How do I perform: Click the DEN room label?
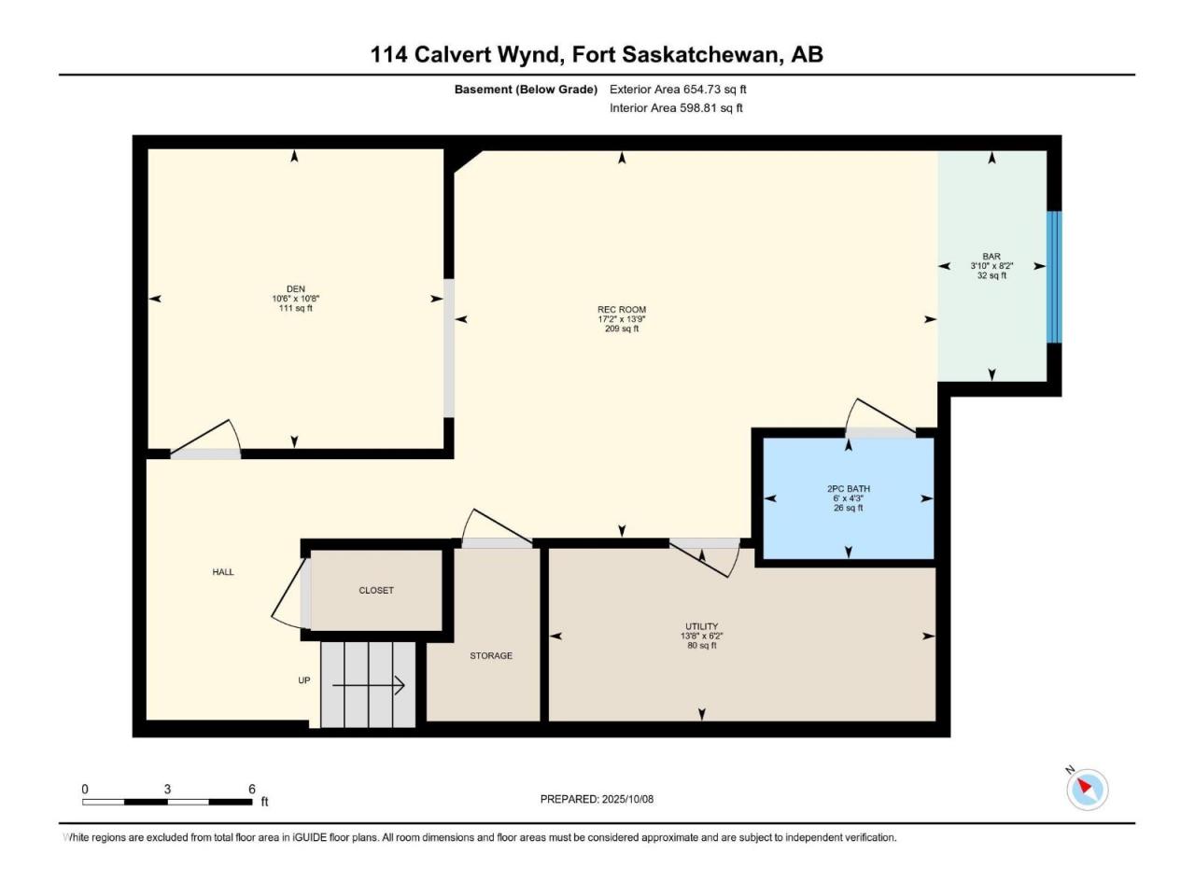296,289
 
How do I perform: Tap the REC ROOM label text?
622,310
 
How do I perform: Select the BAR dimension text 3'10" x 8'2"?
991,266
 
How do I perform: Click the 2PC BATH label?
849,488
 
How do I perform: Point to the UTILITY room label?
702,626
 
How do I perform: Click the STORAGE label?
491,655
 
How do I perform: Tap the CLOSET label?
376,590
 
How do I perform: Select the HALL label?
223,572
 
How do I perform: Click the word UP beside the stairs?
304,680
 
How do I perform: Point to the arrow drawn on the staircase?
369,685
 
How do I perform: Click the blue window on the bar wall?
1055,277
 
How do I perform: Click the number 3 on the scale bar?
167,789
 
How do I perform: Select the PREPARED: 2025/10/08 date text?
597,799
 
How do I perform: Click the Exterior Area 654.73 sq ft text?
678,90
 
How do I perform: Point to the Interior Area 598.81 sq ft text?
676,107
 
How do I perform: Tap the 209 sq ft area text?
622,329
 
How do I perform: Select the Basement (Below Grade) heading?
526,90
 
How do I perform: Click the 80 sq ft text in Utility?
702,645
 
